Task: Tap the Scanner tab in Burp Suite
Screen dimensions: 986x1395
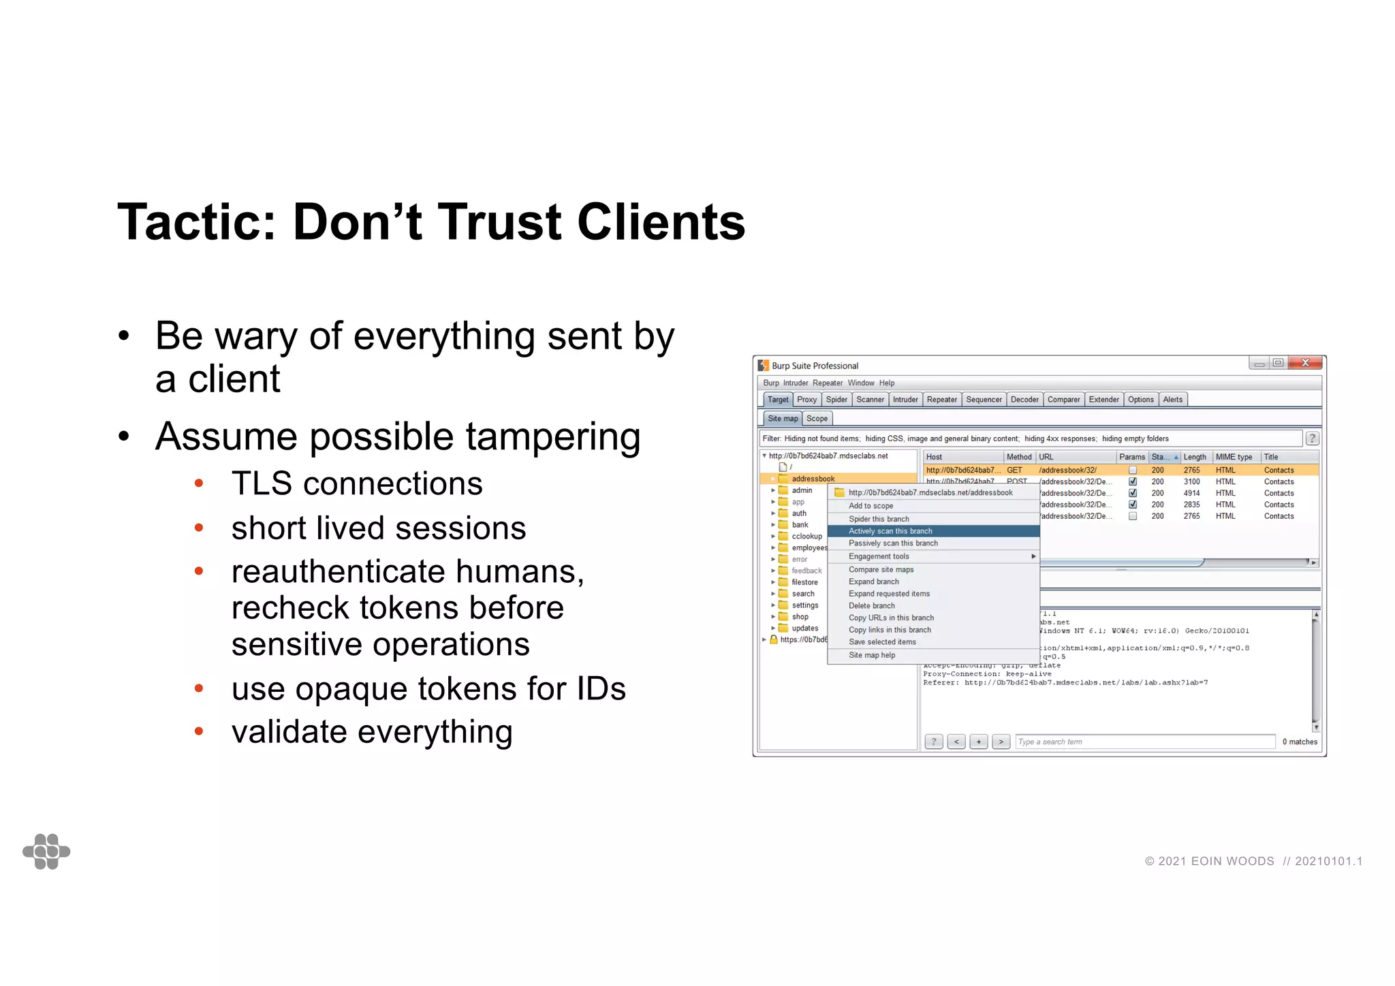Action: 870,400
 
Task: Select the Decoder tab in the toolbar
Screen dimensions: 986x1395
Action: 1024,400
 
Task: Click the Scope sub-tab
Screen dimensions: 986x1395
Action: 817,419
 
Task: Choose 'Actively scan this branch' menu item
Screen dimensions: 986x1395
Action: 890,531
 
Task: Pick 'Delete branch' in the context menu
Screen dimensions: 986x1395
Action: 872,606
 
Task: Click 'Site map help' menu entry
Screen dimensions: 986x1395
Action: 872,655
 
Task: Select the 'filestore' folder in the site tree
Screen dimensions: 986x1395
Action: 804,582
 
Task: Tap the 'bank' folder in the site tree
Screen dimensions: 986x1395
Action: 800,525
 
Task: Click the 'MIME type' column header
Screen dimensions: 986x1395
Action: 1234,457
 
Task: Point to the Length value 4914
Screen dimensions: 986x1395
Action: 1191,493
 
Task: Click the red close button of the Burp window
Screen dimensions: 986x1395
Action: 1305,363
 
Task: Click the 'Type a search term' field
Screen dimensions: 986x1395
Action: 1144,742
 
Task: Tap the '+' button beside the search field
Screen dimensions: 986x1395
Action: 978,742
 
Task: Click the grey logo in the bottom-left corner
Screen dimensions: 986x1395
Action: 46,851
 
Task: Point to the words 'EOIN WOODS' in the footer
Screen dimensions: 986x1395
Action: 1232,861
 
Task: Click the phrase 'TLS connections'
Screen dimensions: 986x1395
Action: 357,484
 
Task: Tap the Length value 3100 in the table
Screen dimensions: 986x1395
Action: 1191,481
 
